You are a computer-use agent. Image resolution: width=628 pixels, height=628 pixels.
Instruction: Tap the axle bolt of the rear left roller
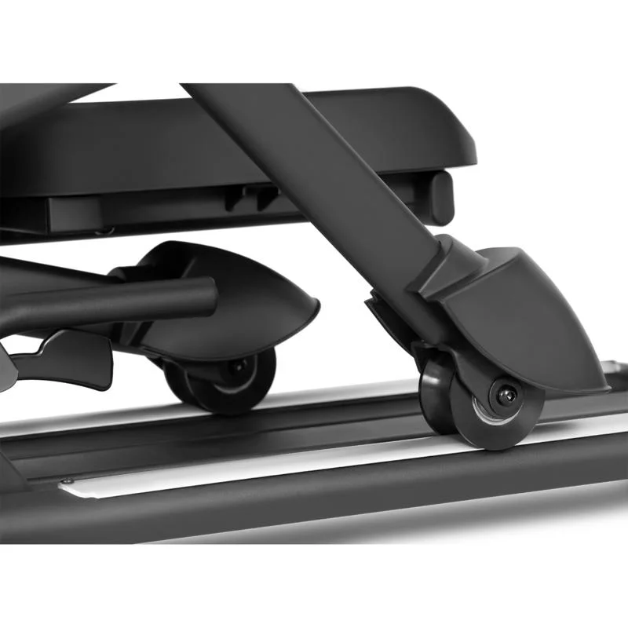236,367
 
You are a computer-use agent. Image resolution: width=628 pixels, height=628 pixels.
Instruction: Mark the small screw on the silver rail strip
70,481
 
